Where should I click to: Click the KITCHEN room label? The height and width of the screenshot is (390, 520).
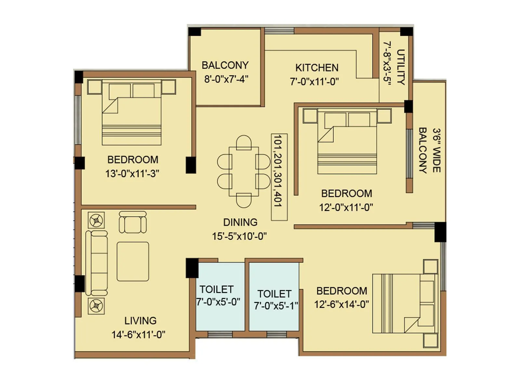point(317,68)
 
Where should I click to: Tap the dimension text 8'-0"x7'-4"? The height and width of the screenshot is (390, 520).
point(226,79)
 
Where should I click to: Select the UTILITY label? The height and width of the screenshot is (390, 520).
point(401,67)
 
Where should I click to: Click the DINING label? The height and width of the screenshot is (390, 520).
point(240,222)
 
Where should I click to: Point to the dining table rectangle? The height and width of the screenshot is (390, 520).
point(244,171)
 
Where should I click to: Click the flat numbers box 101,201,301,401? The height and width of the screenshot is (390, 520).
point(279,177)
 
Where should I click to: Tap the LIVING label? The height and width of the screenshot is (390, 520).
point(140,321)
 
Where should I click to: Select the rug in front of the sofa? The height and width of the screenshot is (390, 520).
point(133,261)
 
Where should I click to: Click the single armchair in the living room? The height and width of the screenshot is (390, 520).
point(133,222)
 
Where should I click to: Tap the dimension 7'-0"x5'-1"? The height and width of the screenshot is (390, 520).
point(276,306)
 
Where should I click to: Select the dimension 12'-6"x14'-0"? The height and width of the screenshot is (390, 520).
point(341,305)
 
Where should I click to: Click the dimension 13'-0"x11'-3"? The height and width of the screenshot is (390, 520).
point(132,174)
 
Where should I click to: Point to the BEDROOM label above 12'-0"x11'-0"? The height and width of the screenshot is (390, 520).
point(346,193)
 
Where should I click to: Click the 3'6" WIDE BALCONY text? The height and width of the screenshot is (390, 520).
point(429,150)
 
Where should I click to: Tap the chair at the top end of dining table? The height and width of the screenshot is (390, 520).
point(244,142)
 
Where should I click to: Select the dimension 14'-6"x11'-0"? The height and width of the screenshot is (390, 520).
point(138,335)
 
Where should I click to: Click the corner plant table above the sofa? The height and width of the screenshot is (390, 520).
point(96,220)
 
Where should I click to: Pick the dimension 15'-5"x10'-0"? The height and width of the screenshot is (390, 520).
point(240,236)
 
